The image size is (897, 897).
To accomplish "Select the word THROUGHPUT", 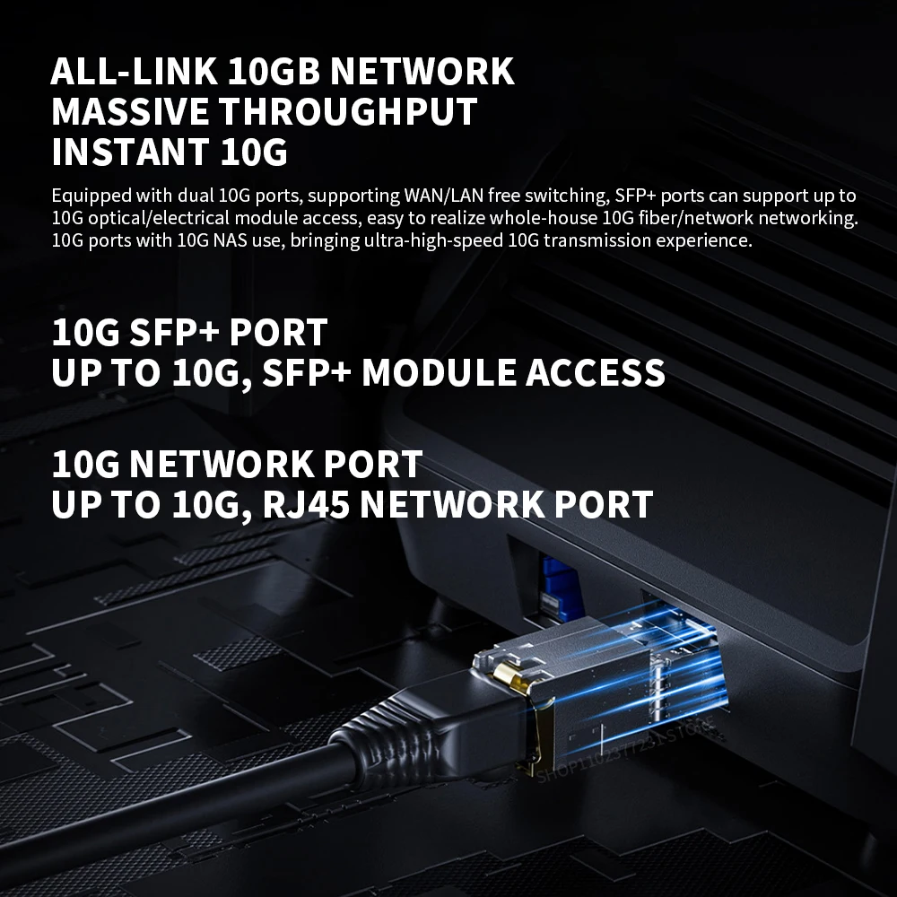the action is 349,112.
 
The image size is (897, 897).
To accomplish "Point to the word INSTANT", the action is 129,152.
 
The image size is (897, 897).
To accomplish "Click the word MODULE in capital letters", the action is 439,372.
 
